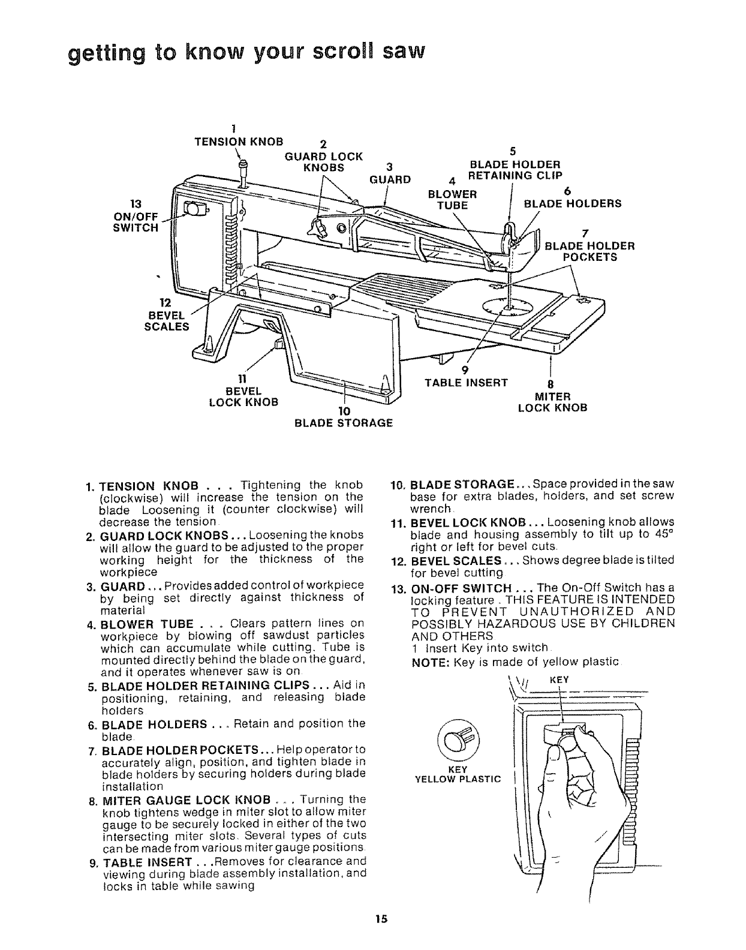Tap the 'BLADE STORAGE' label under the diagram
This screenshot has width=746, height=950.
coord(344,422)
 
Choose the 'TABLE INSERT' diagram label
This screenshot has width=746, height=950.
coord(466,383)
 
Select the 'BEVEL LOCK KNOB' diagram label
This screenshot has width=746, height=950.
coord(243,396)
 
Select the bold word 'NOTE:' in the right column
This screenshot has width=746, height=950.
coord(429,662)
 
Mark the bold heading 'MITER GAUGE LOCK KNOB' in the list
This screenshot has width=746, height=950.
coord(186,799)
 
